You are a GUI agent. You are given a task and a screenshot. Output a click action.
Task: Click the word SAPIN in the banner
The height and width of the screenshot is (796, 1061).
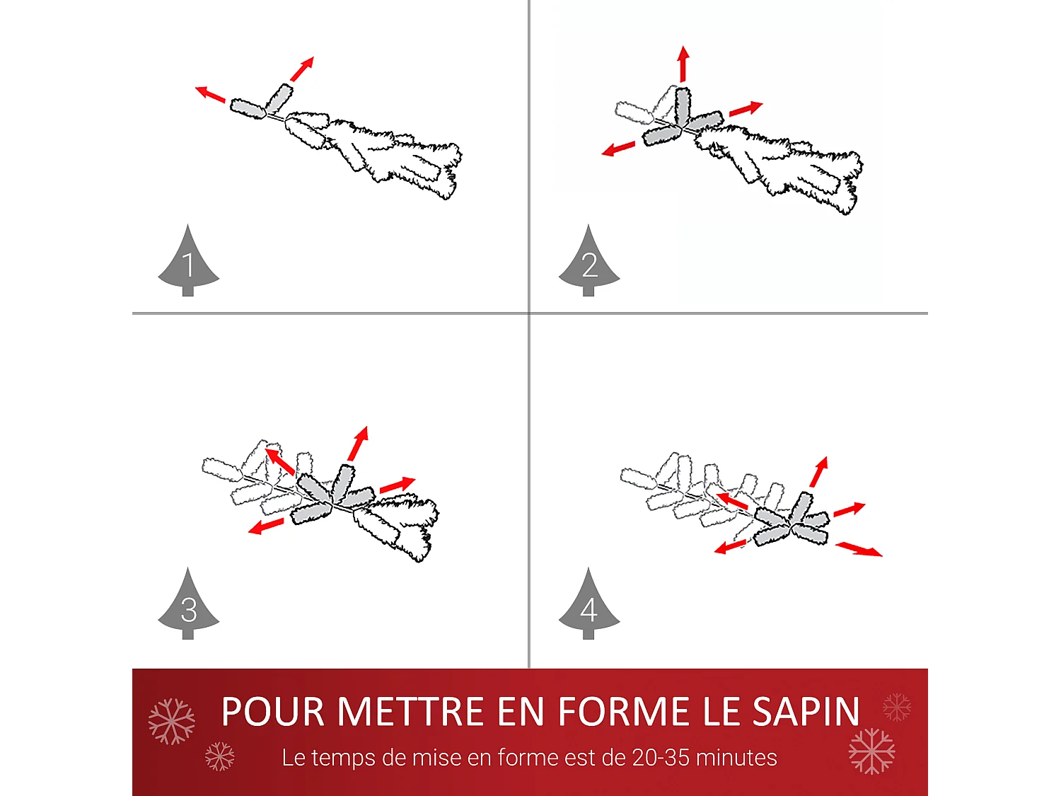806,711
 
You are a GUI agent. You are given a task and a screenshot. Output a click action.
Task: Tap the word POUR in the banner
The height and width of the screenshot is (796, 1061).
272,711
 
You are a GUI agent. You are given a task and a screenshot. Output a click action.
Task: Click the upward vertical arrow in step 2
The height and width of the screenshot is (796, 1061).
683,63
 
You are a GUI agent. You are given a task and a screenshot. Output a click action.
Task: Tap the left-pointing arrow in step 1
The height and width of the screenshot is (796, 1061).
210,94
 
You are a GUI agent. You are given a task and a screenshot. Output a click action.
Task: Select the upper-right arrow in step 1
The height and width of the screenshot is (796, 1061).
302,69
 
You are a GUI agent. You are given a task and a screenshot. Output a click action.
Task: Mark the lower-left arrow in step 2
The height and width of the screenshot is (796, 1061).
618,149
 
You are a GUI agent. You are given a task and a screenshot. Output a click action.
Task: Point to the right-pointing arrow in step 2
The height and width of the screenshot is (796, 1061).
746,109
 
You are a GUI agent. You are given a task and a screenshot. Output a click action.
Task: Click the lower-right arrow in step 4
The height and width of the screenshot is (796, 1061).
859,549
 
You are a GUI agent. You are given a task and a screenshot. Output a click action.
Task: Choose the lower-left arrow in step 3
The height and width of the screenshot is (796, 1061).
266,526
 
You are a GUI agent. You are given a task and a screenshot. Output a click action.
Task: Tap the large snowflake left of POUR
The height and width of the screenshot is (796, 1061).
172,721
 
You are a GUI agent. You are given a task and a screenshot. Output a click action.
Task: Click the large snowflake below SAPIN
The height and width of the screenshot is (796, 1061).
872,751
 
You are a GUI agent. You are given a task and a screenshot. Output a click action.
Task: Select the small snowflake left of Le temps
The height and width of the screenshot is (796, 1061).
219,756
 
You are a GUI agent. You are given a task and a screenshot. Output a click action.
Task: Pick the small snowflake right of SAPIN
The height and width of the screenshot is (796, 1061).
897,707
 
